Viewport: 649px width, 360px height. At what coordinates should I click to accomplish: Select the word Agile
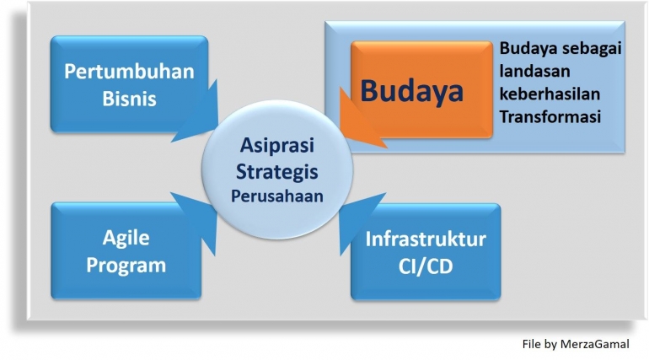click(x=129, y=237)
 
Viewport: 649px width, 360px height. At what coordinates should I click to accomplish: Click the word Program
click(x=129, y=266)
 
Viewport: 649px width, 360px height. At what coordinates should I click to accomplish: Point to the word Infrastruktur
click(x=425, y=239)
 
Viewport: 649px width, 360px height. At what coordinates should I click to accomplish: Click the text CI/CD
click(x=425, y=267)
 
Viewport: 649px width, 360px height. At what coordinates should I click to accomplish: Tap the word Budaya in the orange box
click(x=412, y=90)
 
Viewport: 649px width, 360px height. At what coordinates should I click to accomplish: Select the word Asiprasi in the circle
click(x=280, y=144)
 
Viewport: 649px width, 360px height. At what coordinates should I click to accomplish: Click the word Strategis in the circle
click(x=280, y=171)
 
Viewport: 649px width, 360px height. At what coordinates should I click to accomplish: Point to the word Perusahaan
click(x=280, y=197)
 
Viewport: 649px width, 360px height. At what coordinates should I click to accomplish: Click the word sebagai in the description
click(x=593, y=49)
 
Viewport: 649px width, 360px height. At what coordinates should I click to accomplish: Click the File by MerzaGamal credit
click(x=574, y=344)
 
